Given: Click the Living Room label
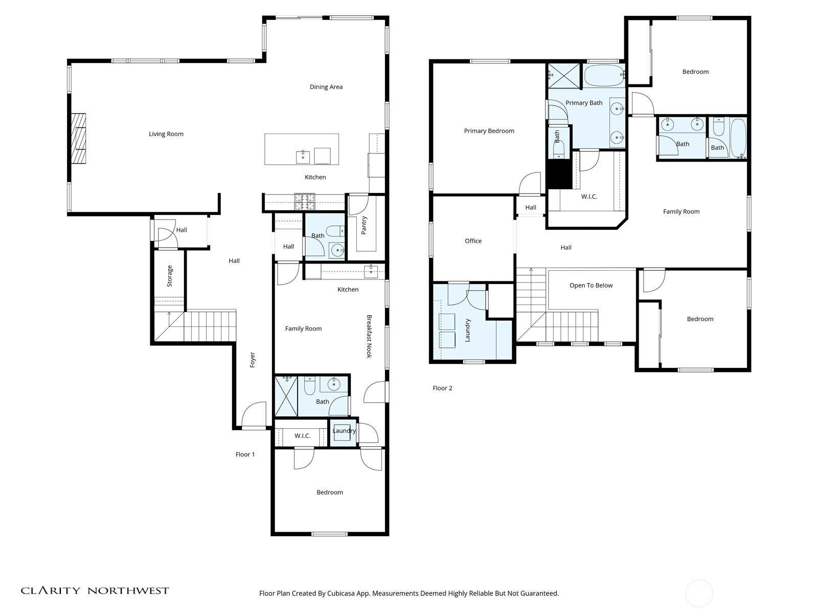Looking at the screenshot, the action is (x=166, y=134).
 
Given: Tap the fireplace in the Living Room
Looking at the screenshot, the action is (x=79, y=138).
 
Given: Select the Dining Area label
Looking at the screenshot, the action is (x=326, y=87).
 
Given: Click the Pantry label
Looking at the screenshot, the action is (x=364, y=225).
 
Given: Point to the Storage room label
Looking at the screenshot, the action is (x=170, y=276).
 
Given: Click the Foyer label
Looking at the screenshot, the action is (x=252, y=360).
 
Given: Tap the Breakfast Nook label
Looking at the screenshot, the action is (x=369, y=336).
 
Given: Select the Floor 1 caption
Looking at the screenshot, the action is (x=245, y=454).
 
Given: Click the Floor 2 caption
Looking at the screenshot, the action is (x=442, y=388).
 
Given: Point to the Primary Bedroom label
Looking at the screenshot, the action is (x=489, y=131).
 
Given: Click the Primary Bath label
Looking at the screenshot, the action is (x=584, y=103).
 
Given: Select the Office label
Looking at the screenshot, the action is (x=473, y=241).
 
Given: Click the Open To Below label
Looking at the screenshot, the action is (x=591, y=286).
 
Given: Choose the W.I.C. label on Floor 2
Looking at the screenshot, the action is (x=589, y=196).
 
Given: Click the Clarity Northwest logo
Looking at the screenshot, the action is (x=95, y=590).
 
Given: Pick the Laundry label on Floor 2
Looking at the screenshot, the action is (x=468, y=331).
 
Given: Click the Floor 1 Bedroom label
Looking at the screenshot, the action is (x=330, y=492).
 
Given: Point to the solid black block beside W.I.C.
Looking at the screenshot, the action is (x=559, y=174).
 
